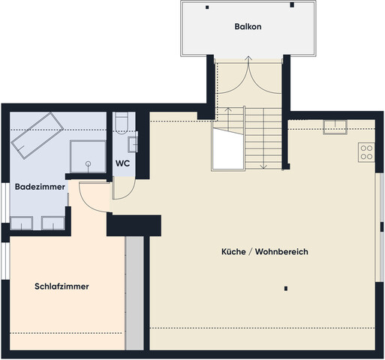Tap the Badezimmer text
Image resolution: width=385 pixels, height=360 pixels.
click(39, 186)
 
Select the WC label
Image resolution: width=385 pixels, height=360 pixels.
click(122, 163)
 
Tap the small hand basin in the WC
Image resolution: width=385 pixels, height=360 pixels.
click(134, 143)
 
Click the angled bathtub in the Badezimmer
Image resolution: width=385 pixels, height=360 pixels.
click(35, 136)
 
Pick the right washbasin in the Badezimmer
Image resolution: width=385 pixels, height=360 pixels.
click(53, 223)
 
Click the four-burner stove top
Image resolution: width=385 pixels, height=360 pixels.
click(367, 152)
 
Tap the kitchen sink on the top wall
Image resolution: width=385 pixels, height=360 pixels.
click(335, 127)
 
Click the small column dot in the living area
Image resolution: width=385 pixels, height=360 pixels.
click(286, 287)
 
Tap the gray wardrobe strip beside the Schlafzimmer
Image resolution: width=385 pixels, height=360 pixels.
click(134, 292)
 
